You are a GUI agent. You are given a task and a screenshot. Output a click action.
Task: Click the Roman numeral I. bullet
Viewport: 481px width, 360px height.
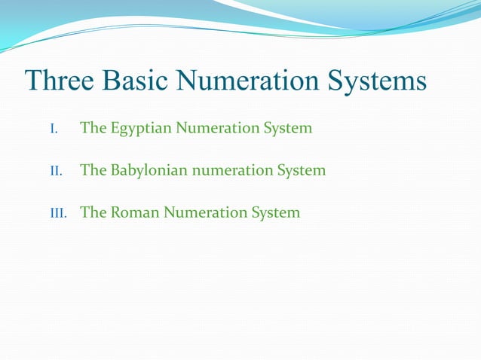tap(54, 129)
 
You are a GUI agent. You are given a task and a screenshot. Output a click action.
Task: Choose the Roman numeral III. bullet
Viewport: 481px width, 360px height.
tap(58, 213)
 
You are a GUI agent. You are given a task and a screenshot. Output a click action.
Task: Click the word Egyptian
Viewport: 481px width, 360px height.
tap(141, 128)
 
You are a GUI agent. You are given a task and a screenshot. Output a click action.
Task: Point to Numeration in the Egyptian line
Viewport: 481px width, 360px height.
tap(218, 128)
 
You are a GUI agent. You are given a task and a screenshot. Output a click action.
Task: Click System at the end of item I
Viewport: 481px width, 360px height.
tap(287, 128)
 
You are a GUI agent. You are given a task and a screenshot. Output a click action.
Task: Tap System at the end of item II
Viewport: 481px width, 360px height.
tap(301, 170)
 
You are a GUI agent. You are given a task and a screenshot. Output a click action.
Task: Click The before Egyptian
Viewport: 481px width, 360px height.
tap(93, 128)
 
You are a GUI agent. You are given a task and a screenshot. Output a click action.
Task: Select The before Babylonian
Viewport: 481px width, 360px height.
tap(93, 170)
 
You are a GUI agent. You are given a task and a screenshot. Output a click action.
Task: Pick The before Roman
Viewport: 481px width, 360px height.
tap(93, 212)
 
